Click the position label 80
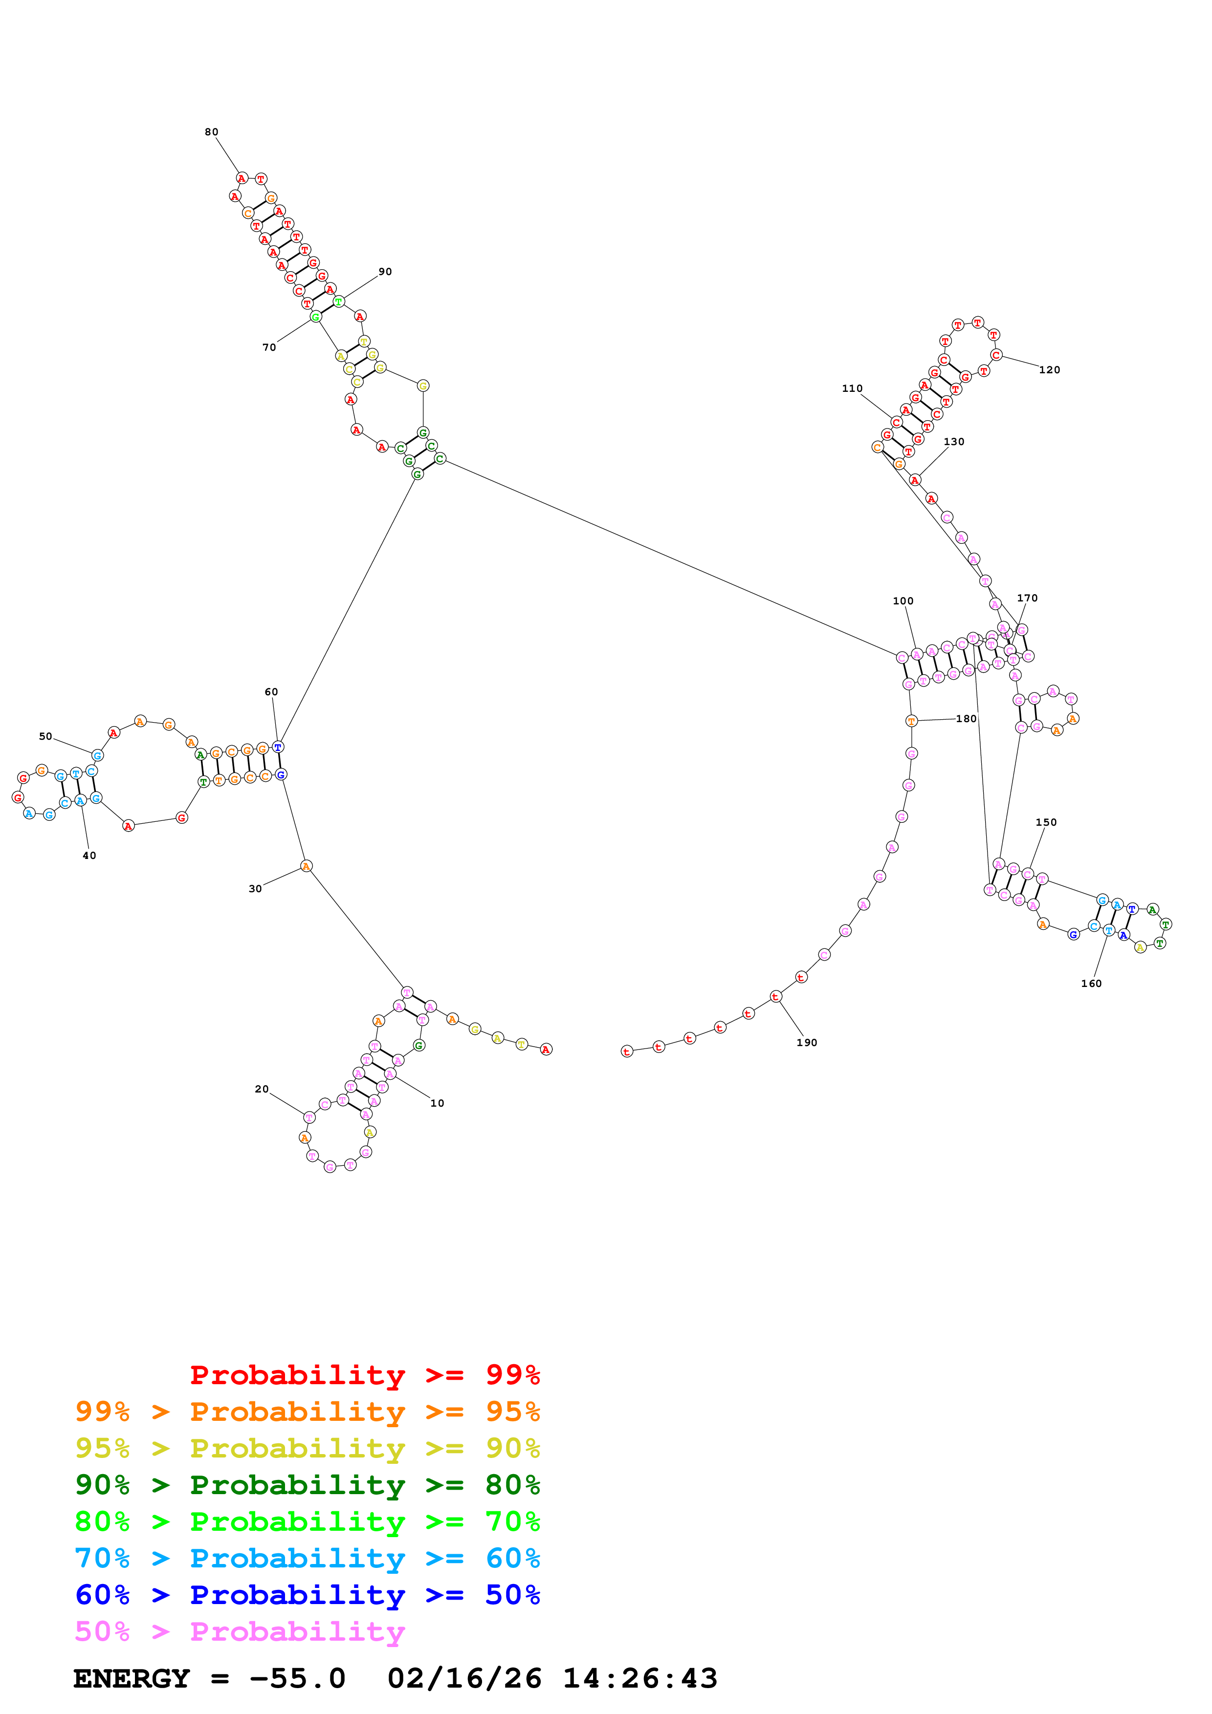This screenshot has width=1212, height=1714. pyautogui.click(x=211, y=132)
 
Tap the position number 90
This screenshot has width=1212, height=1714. pyautogui.click(x=385, y=272)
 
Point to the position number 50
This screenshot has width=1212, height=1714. pyautogui.click(x=45, y=736)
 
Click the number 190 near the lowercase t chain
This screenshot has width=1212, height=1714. pyautogui.click(x=807, y=1042)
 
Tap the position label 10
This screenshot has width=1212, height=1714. pyautogui.click(x=437, y=1103)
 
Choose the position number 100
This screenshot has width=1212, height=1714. pyautogui.click(x=903, y=601)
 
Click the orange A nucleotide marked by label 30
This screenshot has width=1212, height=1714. pyautogui.click(x=306, y=866)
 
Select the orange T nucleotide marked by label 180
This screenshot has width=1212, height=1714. pyautogui.click(x=911, y=721)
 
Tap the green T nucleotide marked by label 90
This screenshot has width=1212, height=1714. pyautogui.click(x=338, y=301)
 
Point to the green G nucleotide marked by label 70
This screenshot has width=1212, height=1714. pyautogui.click(x=316, y=317)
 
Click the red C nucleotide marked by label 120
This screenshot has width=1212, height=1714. pyautogui.click(x=996, y=355)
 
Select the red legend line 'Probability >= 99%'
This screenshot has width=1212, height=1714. pyautogui.click(x=364, y=1374)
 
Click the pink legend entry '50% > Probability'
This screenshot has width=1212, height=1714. pyautogui.click(x=239, y=1631)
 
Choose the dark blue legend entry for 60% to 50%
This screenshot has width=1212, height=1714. pyautogui.click(x=307, y=1595)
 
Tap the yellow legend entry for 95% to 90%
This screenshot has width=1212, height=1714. pyautogui.click(x=307, y=1448)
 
